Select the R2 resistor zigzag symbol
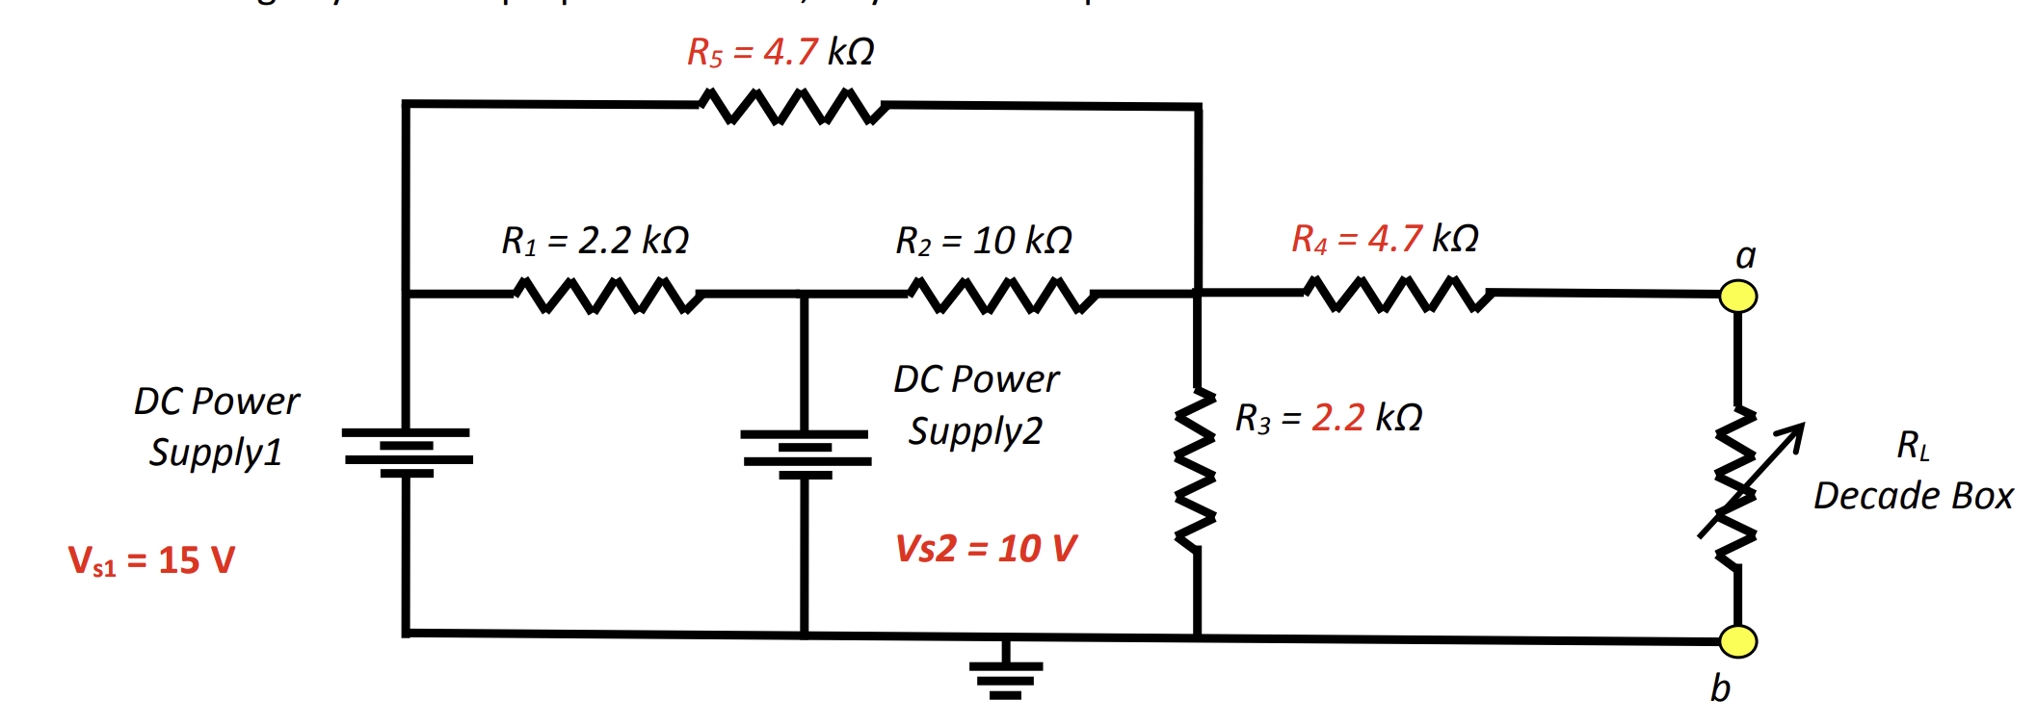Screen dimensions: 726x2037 pyautogui.click(x=1002, y=295)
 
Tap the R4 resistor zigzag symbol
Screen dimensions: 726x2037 pyautogui.click(x=1397, y=293)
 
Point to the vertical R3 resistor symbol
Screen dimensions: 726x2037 pyautogui.click(x=1196, y=470)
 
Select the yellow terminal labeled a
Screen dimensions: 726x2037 pyautogui.click(x=1737, y=296)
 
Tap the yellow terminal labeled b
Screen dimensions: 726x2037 pyautogui.click(x=1737, y=641)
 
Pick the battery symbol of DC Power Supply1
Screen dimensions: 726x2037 pyautogui.click(x=407, y=453)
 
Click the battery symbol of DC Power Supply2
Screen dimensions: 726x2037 pyautogui.click(x=806, y=454)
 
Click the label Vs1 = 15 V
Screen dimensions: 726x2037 pyautogui.click(x=151, y=560)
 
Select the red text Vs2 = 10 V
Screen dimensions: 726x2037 pyautogui.click(x=985, y=549)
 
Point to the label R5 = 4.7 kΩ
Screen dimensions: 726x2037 pyautogui.click(x=780, y=52)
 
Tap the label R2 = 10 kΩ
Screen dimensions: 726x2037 pyautogui.click(x=983, y=241)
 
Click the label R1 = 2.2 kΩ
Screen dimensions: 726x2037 pyautogui.click(x=595, y=241)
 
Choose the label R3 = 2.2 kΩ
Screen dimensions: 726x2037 pyautogui.click(x=1328, y=418)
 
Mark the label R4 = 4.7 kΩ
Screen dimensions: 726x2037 pyautogui.click(x=1384, y=239)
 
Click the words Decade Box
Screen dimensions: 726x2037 pyautogui.click(x=1913, y=496)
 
